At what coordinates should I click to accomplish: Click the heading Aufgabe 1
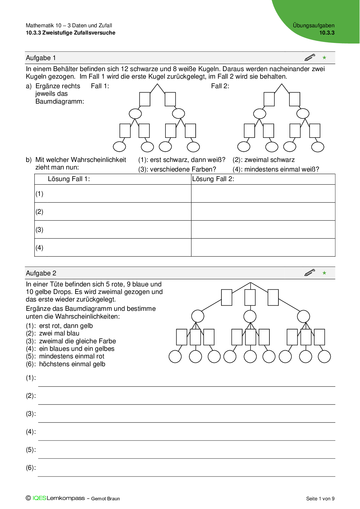(x=41, y=58)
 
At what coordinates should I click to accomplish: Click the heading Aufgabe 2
(x=41, y=273)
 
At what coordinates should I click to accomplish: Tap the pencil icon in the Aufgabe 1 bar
(x=310, y=57)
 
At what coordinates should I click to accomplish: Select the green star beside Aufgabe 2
(x=324, y=273)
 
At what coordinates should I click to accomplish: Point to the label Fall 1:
(x=100, y=86)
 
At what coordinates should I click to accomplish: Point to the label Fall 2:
(x=220, y=86)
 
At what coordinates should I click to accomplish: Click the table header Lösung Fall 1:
(x=69, y=179)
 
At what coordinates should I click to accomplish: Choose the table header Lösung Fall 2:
(x=213, y=179)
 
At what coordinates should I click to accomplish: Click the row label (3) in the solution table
(x=39, y=230)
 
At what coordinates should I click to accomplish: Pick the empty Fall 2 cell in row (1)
(x=263, y=194)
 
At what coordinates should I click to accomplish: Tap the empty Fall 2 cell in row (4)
(x=263, y=248)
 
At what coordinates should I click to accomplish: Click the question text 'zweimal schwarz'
(x=269, y=160)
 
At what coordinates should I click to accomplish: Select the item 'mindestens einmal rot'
(x=71, y=356)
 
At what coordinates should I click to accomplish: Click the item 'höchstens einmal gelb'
(x=72, y=364)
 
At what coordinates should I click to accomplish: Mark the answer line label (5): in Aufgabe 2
(x=31, y=450)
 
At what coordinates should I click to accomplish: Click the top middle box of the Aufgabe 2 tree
(x=250, y=297)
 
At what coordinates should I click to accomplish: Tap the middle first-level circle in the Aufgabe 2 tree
(x=250, y=316)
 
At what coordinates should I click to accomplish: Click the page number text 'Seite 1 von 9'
(x=320, y=499)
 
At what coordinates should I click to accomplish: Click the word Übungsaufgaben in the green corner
(x=314, y=26)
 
